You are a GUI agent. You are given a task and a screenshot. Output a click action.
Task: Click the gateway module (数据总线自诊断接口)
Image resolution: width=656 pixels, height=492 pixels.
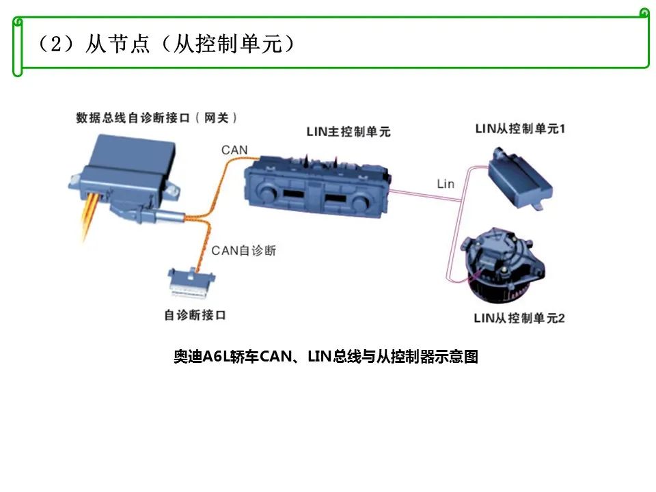(x=126, y=176)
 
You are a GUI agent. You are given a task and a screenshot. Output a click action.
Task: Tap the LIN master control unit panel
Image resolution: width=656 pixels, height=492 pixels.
(x=317, y=186)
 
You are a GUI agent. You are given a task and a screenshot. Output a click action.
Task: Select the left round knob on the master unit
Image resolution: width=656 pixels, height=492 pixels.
(x=266, y=191)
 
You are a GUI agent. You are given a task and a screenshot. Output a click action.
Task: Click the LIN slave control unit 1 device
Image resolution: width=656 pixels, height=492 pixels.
(x=520, y=179)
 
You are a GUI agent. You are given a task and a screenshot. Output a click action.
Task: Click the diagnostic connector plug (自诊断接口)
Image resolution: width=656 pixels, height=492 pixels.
(x=191, y=283)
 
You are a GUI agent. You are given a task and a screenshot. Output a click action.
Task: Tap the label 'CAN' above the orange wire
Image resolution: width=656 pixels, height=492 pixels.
(x=234, y=150)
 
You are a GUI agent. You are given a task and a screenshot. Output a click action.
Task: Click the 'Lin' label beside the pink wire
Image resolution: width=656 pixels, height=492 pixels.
(x=446, y=184)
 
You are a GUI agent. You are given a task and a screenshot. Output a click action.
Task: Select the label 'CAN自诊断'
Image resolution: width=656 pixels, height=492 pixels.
(x=243, y=250)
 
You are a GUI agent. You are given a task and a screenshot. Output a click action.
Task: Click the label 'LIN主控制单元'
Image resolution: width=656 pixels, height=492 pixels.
(x=348, y=131)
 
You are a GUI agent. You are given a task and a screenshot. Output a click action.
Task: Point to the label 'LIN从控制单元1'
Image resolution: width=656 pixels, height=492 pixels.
(x=520, y=128)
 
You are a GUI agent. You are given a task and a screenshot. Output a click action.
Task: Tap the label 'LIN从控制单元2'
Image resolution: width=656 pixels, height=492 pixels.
(x=519, y=318)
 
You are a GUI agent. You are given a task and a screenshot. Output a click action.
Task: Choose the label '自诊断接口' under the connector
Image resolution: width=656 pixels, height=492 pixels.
(x=195, y=314)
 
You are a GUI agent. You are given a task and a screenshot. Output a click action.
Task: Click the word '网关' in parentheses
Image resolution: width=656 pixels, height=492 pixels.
(x=217, y=118)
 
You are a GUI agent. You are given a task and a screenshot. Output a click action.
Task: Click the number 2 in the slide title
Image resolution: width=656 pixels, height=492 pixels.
(x=56, y=44)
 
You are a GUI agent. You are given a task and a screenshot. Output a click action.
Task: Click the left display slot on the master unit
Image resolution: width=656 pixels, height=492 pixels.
(x=294, y=194)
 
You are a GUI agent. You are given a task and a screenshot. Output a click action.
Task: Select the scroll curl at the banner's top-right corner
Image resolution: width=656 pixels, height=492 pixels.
(x=644, y=14)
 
